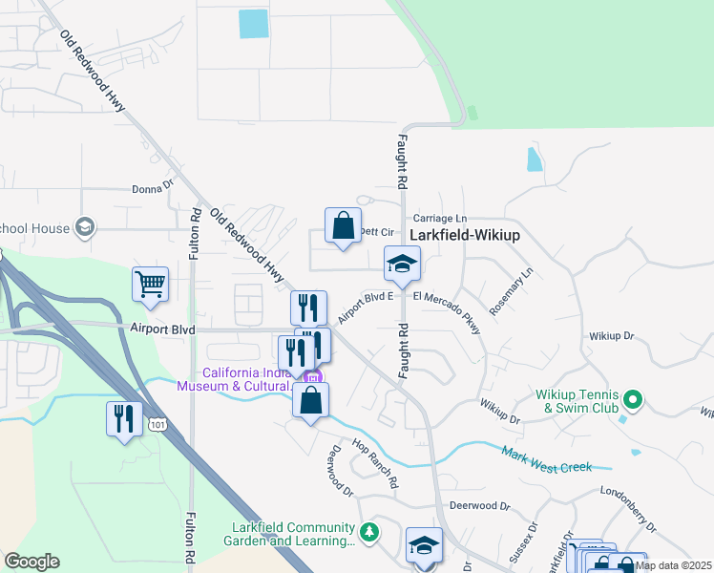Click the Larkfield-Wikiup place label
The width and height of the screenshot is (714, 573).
click(x=470, y=234)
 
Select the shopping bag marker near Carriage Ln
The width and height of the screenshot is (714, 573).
click(x=343, y=226)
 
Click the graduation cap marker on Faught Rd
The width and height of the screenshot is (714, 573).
click(x=402, y=264)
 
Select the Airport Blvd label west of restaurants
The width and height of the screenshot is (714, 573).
click(x=162, y=329)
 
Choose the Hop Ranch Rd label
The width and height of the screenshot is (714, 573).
click(x=374, y=464)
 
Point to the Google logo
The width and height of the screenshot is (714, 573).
click(x=31, y=562)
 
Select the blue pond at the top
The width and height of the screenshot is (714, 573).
click(x=254, y=24)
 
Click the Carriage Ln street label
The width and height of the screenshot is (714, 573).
click(x=440, y=219)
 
